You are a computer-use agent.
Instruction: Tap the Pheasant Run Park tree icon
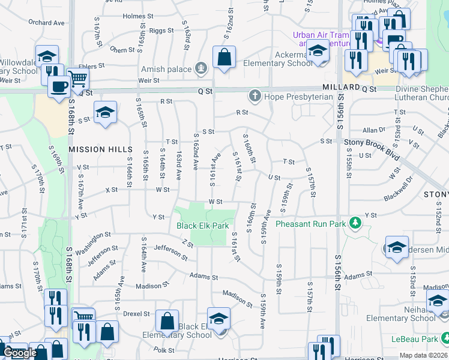tap(356, 223)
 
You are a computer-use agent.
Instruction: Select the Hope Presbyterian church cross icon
tap(255, 96)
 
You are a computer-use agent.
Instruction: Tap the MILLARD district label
tap(340, 87)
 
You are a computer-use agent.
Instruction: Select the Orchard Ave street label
tap(46, 23)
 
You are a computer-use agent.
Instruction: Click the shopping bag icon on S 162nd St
tap(224, 58)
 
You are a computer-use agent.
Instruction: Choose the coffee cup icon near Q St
tap(59, 85)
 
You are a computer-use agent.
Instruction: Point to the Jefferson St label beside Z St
tap(170, 251)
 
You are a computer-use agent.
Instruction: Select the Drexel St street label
tap(137, 314)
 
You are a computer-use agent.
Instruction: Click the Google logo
tap(20, 353)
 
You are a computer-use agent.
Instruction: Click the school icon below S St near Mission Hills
tap(105, 113)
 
